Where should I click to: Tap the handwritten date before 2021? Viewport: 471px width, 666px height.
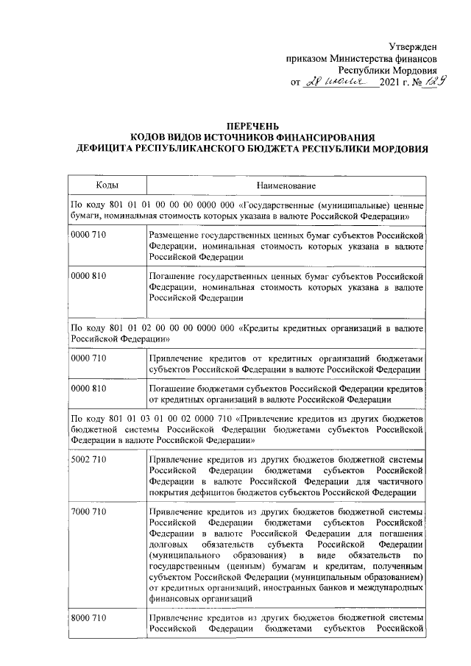(344, 85)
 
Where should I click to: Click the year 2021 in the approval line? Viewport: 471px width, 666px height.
(391, 86)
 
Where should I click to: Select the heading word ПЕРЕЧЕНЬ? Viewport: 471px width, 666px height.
(246, 127)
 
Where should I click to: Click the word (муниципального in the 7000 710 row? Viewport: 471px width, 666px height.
(181, 553)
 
